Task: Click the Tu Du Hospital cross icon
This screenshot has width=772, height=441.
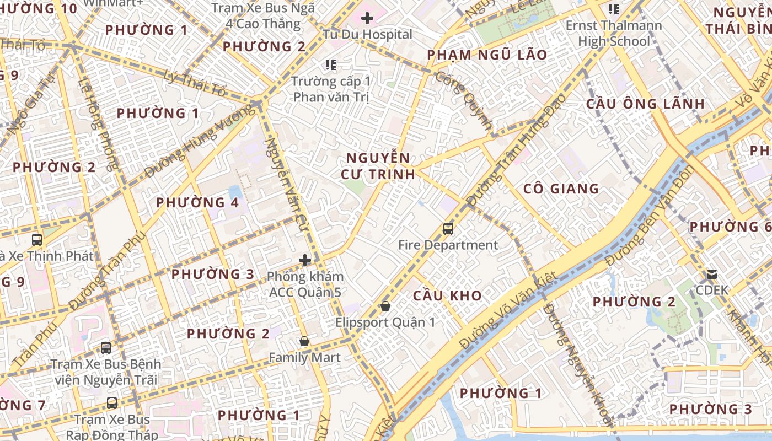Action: point(367,18)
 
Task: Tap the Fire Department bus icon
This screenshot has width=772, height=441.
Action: point(448,228)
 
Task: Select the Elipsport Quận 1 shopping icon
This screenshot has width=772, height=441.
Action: point(385,305)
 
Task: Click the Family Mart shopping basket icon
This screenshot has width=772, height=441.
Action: point(304,341)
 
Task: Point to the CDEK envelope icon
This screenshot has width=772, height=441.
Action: point(712,274)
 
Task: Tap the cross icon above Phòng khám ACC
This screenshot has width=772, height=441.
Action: point(305,260)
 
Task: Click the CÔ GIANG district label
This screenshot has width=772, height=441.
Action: point(561,189)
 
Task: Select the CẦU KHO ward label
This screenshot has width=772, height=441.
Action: point(447,295)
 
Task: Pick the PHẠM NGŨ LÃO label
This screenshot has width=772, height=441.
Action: point(487,55)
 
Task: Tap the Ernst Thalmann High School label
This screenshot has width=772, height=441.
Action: point(614,33)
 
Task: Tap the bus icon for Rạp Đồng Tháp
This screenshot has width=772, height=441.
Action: point(112,403)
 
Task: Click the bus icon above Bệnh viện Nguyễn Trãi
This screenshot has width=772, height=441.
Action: point(106,348)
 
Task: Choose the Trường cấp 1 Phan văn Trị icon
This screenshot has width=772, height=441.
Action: point(331,65)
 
